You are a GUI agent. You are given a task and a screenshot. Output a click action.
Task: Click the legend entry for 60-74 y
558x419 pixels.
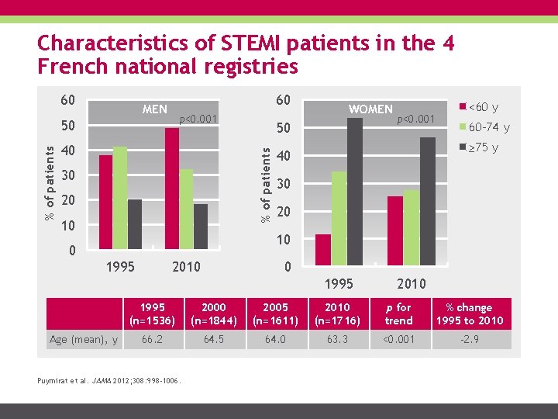point(484,127)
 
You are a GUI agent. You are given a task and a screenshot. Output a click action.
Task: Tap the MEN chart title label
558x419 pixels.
point(155,109)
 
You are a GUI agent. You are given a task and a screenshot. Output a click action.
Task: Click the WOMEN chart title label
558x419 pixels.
point(370,109)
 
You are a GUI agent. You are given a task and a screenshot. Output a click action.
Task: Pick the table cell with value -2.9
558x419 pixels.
point(469,338)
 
